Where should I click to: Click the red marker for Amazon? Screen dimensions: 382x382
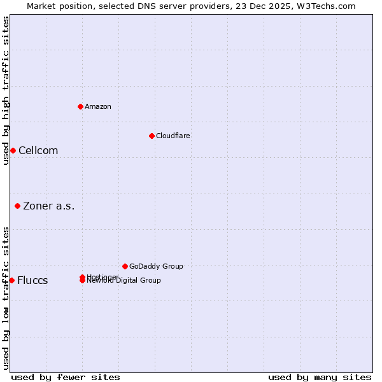point(80,106)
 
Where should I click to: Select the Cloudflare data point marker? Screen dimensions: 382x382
point(152,136)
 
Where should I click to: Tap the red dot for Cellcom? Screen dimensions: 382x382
point(13,150)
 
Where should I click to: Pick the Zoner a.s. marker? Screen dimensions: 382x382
point(17,206)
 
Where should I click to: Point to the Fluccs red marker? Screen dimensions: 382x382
point(11,280)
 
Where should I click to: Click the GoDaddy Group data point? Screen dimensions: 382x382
point(125,266)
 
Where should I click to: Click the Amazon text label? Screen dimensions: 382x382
point(97,106)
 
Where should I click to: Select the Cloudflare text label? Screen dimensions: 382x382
point(173,136)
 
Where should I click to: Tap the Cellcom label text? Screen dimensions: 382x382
point(38,151)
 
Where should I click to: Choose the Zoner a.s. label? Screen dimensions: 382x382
point(49,206)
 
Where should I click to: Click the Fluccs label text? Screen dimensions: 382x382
point(32,281)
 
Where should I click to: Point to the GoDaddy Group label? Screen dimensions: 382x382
point(156,266)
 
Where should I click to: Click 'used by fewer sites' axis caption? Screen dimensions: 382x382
point(66,377)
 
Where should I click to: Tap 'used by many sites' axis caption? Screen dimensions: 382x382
point(320,377)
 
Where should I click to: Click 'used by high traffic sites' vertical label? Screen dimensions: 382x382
point(6,90)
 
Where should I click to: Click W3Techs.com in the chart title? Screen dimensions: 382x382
point(328,6)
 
